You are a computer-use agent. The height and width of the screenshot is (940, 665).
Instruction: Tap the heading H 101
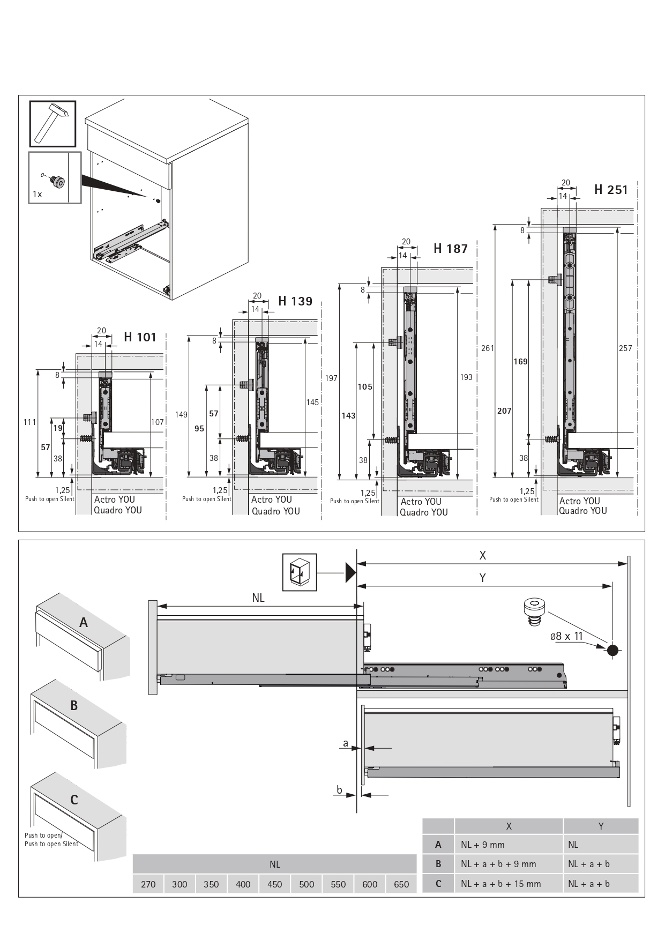click(x=140, y=337)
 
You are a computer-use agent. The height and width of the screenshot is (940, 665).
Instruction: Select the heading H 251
click(x=611, y=190)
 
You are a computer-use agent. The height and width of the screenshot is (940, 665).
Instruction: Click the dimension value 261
click(x=488, y=348)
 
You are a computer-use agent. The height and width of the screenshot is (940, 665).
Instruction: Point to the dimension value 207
click(x=504, y=411)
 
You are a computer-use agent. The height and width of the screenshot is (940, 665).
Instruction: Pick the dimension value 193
click(x=466, y=377)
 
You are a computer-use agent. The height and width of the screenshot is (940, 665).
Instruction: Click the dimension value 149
click(x=181, y=415)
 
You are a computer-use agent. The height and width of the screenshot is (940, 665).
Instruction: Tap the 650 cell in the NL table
click(x=401, y=885)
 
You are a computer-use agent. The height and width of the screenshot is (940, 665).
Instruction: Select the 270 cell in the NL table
click(x=148, y=885)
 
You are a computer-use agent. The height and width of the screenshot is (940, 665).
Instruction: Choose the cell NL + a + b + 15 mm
click(x=501, y=884)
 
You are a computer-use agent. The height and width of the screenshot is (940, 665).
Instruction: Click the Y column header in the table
click(x=601, y=826)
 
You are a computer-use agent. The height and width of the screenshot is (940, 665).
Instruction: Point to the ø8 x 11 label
click(x=566, y=636)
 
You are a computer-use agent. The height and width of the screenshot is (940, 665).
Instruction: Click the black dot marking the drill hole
click(x=612, y=651)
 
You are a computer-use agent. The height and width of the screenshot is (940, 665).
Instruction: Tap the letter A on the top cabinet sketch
click(x=84, y=623)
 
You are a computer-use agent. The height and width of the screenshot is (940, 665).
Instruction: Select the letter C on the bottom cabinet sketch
click(x=74, y=800)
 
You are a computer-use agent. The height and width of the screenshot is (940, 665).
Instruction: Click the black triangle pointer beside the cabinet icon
click(x=351, y=572)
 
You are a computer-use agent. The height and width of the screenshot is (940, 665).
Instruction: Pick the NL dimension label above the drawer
click(x=258, y=598)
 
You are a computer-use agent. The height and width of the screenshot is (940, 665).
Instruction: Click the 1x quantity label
click(x=37, y=194)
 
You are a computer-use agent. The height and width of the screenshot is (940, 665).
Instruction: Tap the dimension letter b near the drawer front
click(x=339, y=789)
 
